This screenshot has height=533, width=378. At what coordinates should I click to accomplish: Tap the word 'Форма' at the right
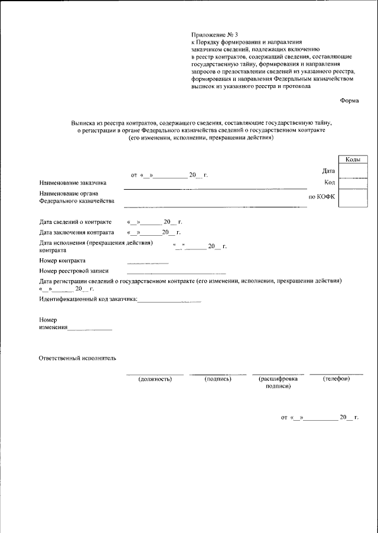[x=349, y=100]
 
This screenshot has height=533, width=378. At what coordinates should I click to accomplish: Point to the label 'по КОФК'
[x=322, y=197]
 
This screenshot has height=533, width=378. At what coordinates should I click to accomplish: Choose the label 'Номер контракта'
[x=62, y=260]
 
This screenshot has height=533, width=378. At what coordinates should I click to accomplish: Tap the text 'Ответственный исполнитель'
[x=77, y=358]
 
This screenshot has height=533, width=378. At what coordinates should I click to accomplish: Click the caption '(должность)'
[x=155, y=379]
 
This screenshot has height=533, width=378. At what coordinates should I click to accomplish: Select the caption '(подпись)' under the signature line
[x=217, y=379]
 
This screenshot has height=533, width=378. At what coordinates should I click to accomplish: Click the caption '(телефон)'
[x=336, y=379]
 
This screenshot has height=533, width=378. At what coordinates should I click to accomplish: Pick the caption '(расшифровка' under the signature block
[x=277, y=379]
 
